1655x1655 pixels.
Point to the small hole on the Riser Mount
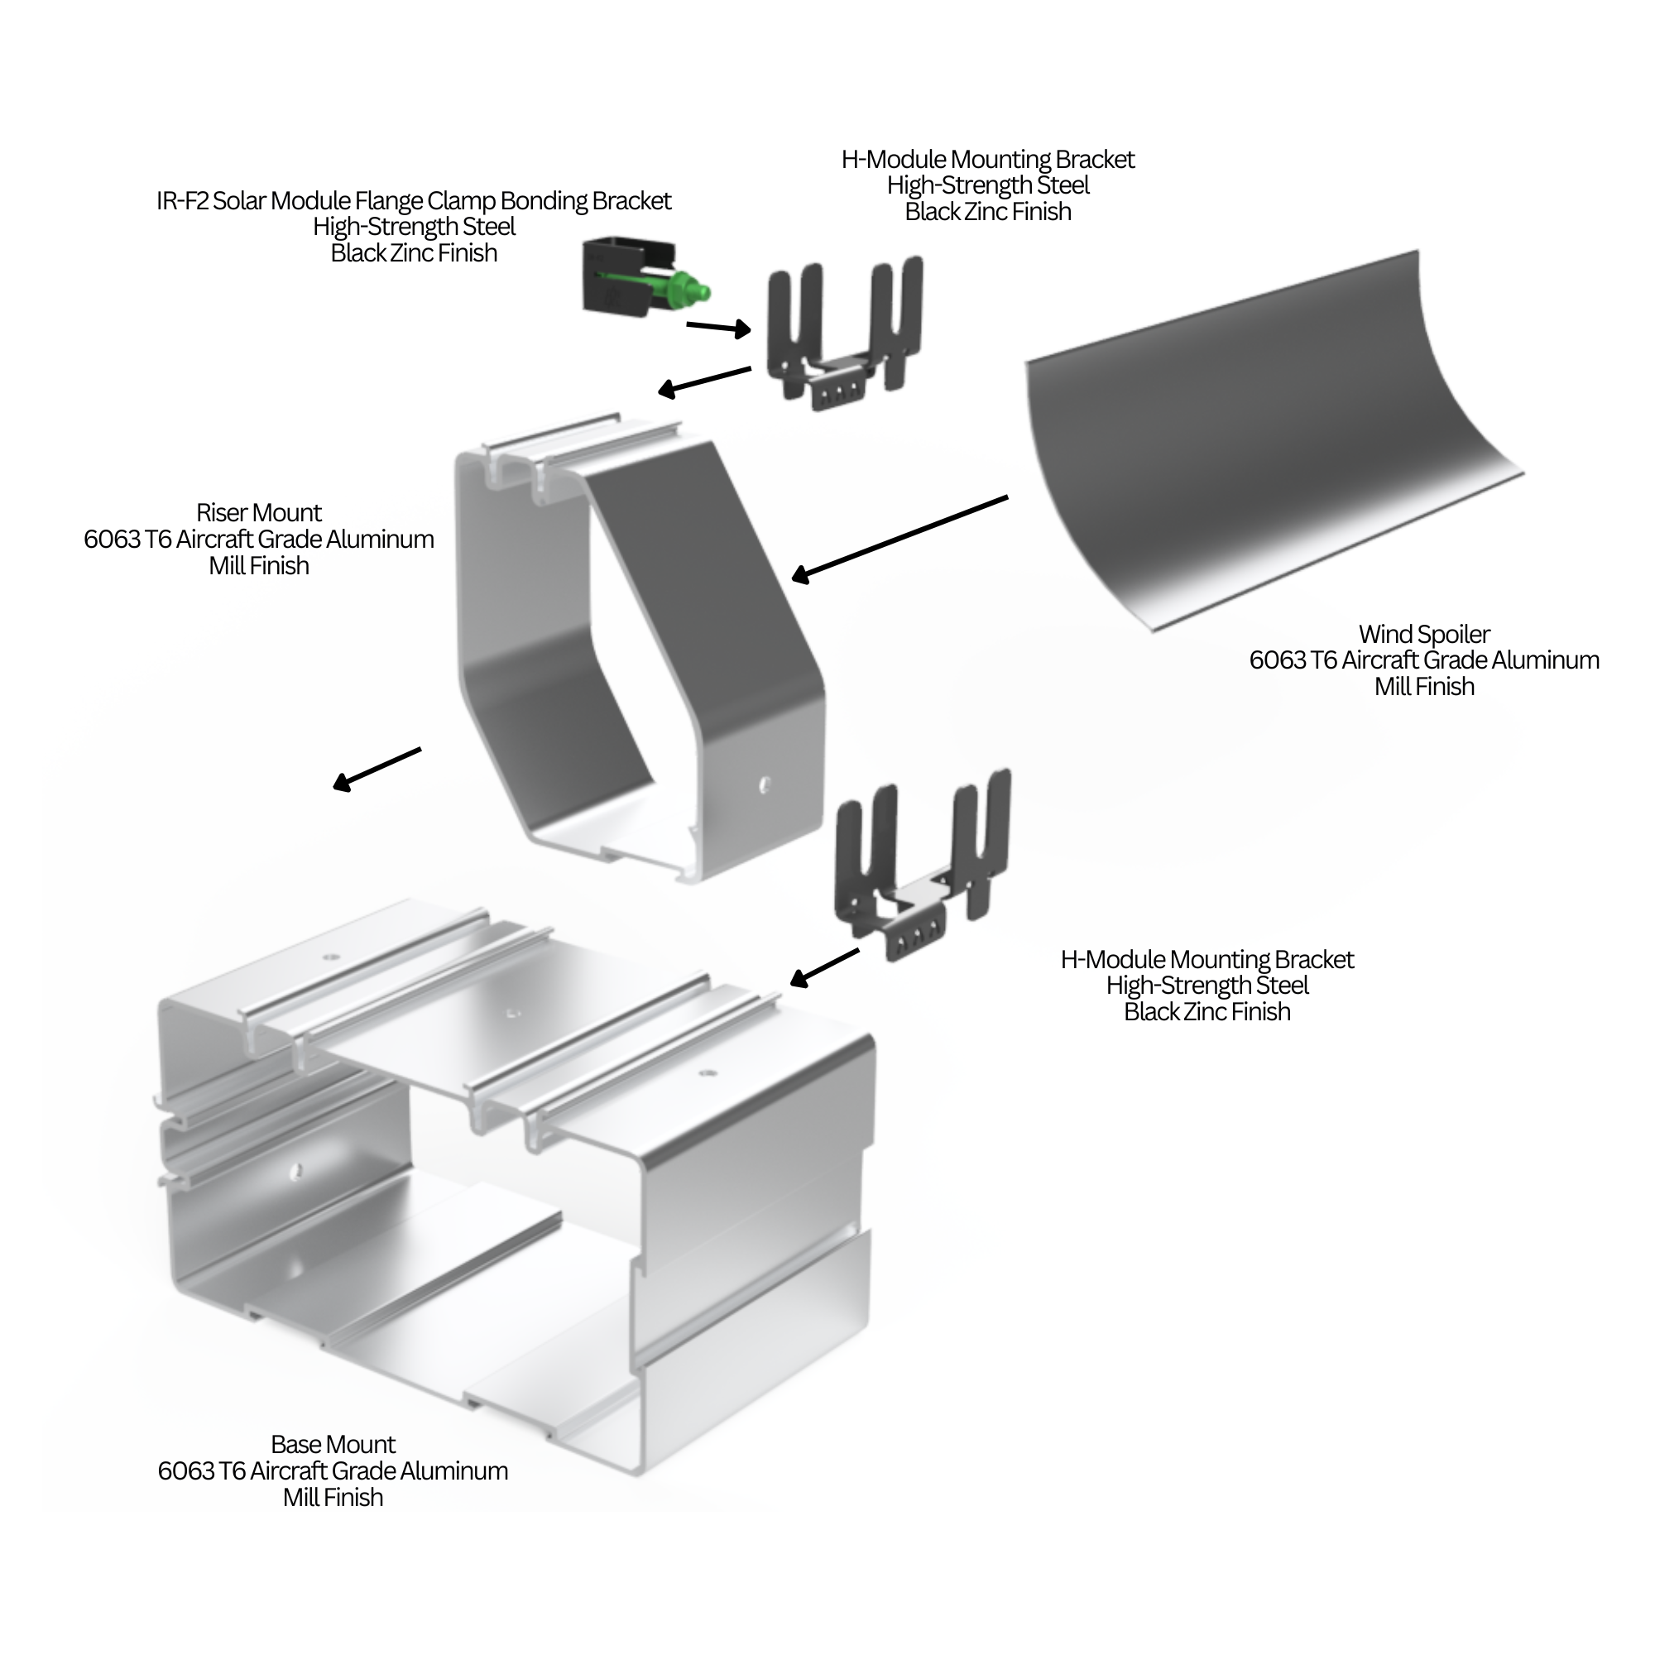click(765, 783)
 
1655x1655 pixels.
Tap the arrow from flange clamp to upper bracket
click(717, 327)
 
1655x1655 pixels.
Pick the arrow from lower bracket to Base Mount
click(824, 967)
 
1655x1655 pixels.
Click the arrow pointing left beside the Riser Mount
click(377, 768)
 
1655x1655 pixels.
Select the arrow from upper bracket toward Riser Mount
click(704, 381)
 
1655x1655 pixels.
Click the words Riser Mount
click(259, 512)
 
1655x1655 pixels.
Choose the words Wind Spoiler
click(1423, 634)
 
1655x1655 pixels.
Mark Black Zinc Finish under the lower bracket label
click(1207, 1012)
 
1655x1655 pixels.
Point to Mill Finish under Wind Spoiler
click(1423, 687)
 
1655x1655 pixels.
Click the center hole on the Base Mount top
click(512, 1013)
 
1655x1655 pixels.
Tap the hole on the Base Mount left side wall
click(296, 1168)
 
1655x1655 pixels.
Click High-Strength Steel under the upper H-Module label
click(988, 185)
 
